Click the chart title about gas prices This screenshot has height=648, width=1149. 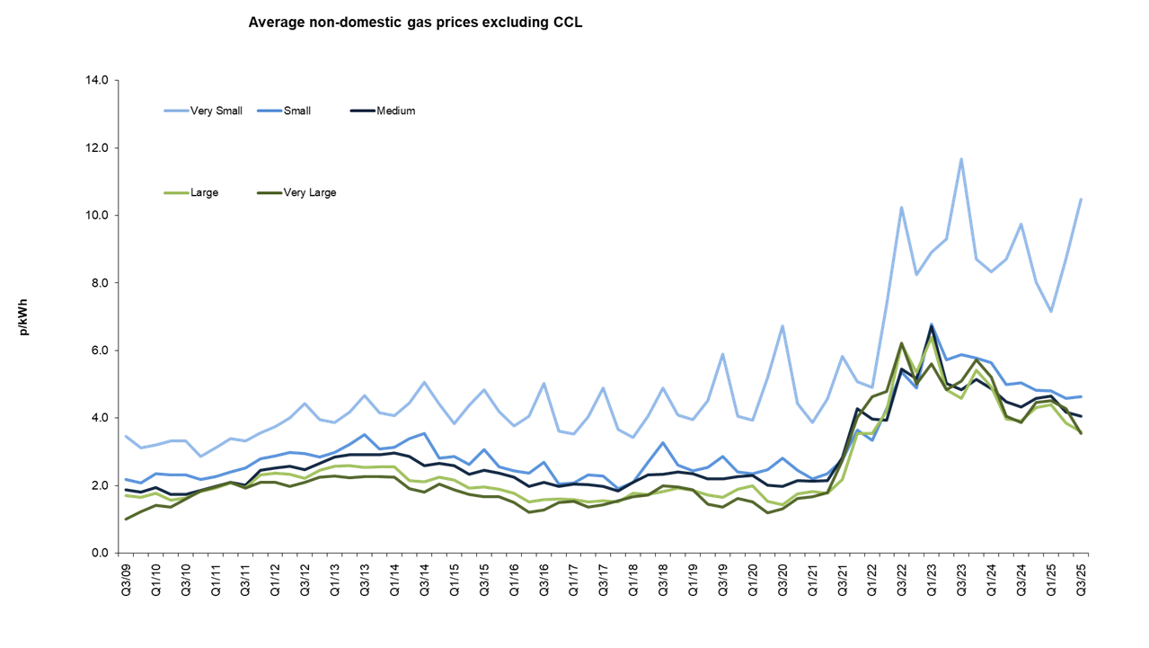415,22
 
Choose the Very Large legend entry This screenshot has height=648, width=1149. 307,192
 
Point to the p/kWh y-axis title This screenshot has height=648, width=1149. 24,316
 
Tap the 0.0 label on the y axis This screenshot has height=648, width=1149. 98,553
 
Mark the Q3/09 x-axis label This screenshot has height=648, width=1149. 126,581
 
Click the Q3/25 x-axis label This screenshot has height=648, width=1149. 1081,581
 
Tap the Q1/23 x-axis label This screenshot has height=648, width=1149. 932,581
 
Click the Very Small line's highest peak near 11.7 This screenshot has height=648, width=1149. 961,159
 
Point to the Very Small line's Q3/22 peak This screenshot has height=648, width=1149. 901,208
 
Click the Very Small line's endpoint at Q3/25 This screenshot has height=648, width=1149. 1081,199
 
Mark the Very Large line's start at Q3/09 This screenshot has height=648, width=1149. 126,519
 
